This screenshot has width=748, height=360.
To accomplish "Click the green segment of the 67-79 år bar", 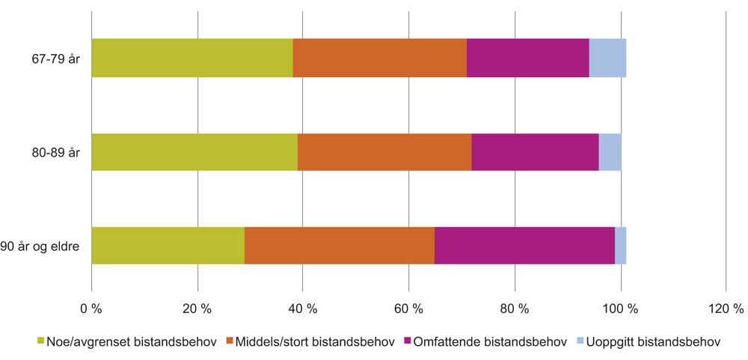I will (x=191, y=58).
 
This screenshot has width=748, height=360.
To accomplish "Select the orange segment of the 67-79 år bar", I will (x=379, y=58).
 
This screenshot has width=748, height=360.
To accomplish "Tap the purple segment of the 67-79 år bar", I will (x=527, y=58).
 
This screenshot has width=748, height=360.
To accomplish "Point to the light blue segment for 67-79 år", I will (x=607, y=58).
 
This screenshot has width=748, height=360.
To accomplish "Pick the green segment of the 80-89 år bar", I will (x=194, y=152).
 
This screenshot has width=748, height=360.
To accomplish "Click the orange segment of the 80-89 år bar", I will (x=384, y=152).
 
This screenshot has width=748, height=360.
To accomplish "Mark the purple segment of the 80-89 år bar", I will (x=535, y=152).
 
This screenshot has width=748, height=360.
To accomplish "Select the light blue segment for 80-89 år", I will (x=610, y=152).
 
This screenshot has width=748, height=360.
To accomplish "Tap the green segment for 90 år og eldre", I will (x=168, y=245).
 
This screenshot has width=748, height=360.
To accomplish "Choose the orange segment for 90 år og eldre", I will (x=339, y=245).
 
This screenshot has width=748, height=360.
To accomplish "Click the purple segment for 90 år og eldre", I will (x=524, y=245).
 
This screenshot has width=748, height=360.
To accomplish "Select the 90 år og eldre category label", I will (x=44, y=245).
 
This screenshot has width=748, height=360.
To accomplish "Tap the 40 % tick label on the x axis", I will (x=303, y=308).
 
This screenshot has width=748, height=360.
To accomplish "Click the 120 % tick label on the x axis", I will (x=726, y=308).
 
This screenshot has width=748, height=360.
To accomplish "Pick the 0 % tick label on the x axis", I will (x=91, y=308).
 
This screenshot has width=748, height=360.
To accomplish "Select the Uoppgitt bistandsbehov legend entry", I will (x=649, y=342).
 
